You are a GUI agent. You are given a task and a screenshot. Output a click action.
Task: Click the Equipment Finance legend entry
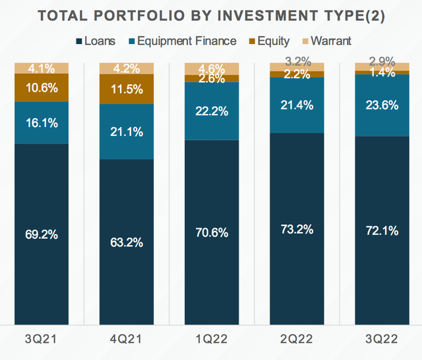click(191, 41)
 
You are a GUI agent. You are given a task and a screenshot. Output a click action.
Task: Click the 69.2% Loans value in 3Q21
click(41, 233)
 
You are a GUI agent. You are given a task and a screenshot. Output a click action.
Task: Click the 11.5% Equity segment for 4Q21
click(126, 88)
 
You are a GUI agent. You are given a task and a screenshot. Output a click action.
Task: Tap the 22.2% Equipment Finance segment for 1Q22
click(211, 111)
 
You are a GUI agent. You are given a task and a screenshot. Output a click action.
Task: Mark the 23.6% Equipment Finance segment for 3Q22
click(382, 105)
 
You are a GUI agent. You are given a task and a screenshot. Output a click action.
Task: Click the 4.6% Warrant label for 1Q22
click(211, 68)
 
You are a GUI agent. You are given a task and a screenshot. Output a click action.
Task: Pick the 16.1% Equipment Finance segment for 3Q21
click(41, 122)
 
